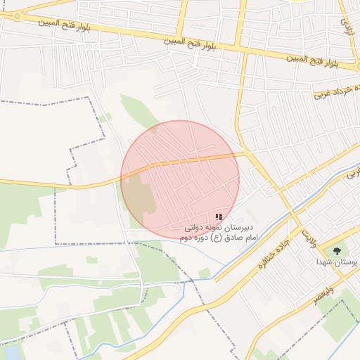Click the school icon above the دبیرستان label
coord(219,217)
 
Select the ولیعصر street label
coord(324,295)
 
